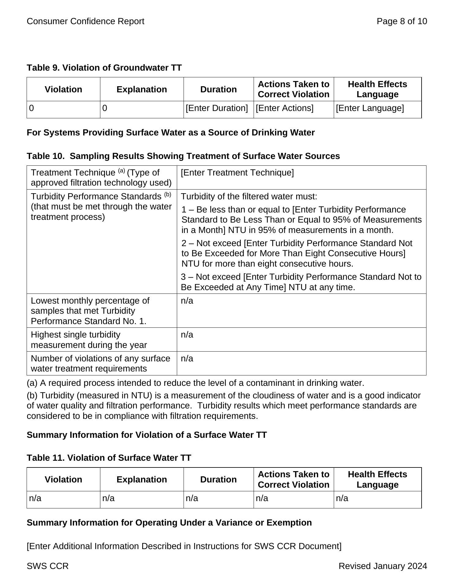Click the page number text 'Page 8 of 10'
(402, 21)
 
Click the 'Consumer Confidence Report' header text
(85, 21)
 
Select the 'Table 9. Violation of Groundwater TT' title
(104, 68)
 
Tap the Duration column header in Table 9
(218, 89)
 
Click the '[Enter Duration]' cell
(217, 108)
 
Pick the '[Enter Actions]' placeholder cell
(285, 108)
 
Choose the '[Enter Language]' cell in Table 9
(370, 108)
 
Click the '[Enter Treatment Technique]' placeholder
(237, 173)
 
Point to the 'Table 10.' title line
(183, 156)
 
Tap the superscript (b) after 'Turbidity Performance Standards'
(168, 194)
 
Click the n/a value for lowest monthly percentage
(187, 301)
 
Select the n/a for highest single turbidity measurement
(187, 335)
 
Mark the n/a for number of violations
(187, 359)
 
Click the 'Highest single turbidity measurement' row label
(89, 340)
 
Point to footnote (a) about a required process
(195, 383)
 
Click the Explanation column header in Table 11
(142, 479)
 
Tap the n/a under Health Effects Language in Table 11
(342, 498)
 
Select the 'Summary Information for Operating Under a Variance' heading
(169, 522)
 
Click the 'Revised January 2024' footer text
(382, 566)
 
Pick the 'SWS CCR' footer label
(48, 566)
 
